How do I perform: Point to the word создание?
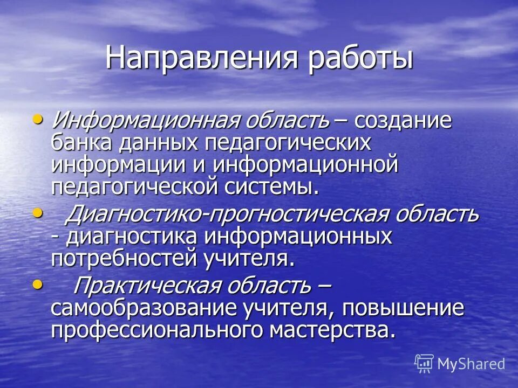pyautogui.click(x=403, y=120)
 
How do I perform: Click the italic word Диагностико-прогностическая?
pyautogui.click(x=216, y=214)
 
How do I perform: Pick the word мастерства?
pyautogui.click(x=331, y=330)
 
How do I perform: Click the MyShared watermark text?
pyautogui.click(x=471, y=364)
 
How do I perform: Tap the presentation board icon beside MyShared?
pyautogui.click(x=424, y=364)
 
